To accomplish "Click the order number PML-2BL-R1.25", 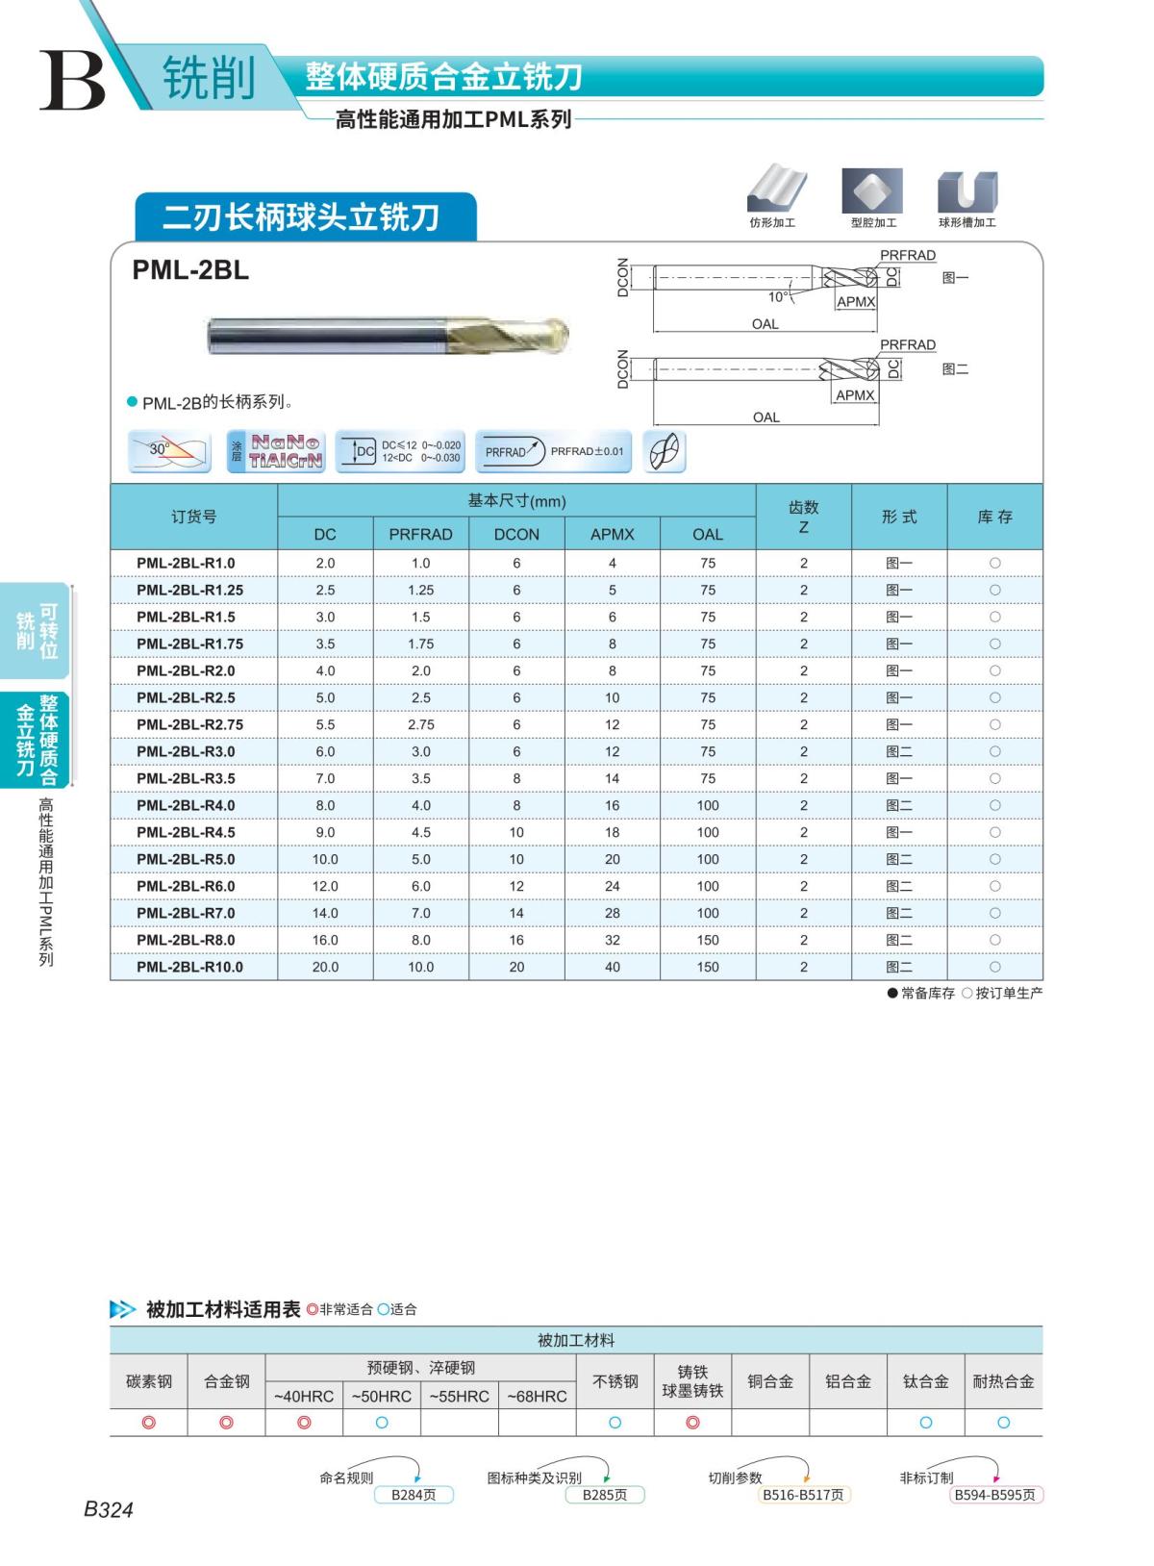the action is click(x=189, y=590).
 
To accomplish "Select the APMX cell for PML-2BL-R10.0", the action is click(x=613, y=967).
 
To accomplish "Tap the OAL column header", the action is click(x=708, y=534).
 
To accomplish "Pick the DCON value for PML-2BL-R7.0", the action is click(x=516, y=913).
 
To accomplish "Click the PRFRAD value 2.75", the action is click(x=420, y=724).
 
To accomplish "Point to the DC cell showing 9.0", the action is click(x=325, y=832).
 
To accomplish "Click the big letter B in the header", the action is click(x=72, y=81).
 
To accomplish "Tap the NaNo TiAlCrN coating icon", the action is click(x=276, y=451).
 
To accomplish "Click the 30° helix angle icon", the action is click(x=169, y=451).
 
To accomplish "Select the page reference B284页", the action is click(x=413, y=1495).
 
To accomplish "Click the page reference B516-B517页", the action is click(x=803, y=1495).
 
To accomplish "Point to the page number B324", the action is click(x=108, y=1510).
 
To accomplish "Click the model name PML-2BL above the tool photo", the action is click(x=190, y=271).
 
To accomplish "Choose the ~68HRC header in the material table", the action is click(x=537, y=1396).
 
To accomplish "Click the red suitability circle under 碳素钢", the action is click(x=148, y=1423).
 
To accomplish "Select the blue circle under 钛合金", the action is click(x=925, y=1423).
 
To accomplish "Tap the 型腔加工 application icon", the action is click(x=872, y=191).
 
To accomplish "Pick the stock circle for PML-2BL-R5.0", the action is click(x=994, y=859).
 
